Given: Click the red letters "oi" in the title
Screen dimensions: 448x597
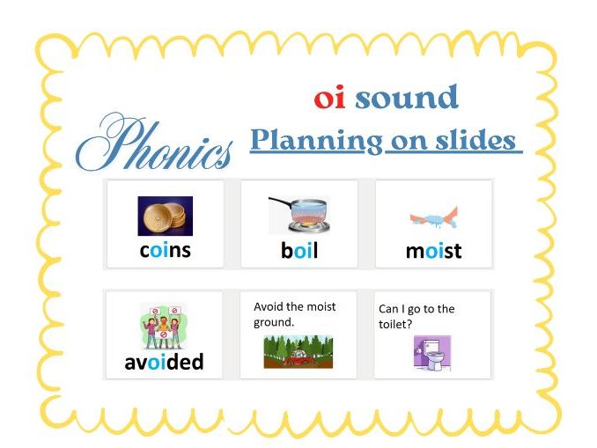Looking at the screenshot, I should point(329,99).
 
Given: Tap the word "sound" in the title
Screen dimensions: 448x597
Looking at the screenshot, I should point(406,98).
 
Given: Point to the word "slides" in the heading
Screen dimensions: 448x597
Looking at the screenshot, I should point(475,141).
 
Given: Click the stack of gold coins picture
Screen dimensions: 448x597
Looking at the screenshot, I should point(165,216).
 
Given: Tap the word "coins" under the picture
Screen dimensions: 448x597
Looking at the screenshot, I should point(165,251).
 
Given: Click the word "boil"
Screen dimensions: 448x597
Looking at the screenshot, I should point(299,251).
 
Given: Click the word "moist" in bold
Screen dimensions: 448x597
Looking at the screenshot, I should point(433,252).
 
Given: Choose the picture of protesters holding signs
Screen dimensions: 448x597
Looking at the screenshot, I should point(165,326).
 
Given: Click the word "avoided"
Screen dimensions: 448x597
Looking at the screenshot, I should point(165,362).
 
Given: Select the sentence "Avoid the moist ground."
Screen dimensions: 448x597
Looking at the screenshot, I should point(294,314).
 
